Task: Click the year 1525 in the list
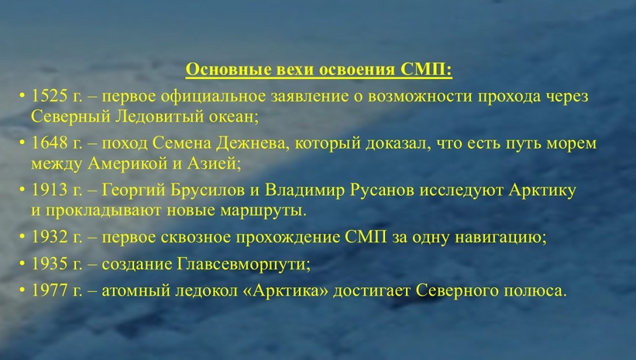[50, 96]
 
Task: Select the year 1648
[50, 143]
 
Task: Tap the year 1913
[50, 190]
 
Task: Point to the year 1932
[50, 237]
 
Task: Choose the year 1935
[50, 264]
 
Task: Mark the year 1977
[50, 290]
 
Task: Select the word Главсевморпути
[243, 265]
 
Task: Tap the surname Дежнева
[253, 144]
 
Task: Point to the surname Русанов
[381, 190]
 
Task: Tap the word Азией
[214, 164]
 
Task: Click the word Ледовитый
[160, 117]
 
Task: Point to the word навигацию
[500, 238]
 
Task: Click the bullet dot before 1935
[22, 264]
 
